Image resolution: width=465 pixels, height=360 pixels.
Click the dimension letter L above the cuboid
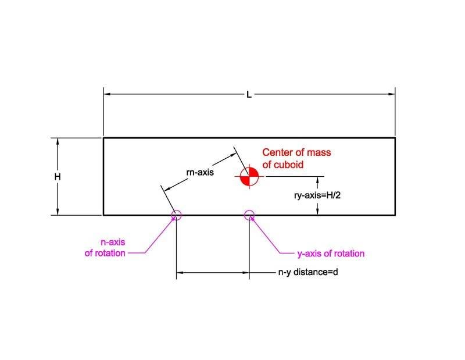pyautogui.click(x=249, y=95)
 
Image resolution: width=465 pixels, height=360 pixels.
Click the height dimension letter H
pyautogui.click(x=58, y=177)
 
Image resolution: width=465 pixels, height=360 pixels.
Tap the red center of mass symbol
pyautogui.click(x=249, y=176)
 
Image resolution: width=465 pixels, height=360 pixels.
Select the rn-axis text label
pyautogui.click(x=200, y=172)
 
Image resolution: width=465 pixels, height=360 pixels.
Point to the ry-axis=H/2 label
pyautogui.click(x=317, y=195)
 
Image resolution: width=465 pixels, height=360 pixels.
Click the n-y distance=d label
pyautogui.click(x=308, y=272)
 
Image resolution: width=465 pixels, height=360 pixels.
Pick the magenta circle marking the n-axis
pyautogui.click(x=177, y=215)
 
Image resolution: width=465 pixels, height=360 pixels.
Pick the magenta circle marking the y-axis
pyautogui.click(x=249, y=215)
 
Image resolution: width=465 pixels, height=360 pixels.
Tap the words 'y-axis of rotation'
pyautogui.click(x=331, y=254)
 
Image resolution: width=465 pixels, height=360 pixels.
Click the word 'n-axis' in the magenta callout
pyautogui.click(x=113, y=242)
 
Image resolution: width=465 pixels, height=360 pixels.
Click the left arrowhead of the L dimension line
pyautogui.click(x=107, y=94)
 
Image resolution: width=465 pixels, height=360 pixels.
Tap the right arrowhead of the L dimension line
pyautogui.click(x=392, y=94)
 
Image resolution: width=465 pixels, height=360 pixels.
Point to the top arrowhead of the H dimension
pyautogui.click(x=58, y=141)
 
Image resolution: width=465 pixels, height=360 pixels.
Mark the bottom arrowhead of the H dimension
pyautogui.click(x=58, y=211)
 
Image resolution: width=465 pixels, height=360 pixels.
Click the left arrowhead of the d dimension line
pyautogui.click(x=180, y=272)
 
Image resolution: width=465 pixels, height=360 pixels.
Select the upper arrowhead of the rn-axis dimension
pyautogui.click(x=233, y=155)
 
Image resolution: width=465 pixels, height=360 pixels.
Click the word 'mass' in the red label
pyautogui.click(x=319, y=152)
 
